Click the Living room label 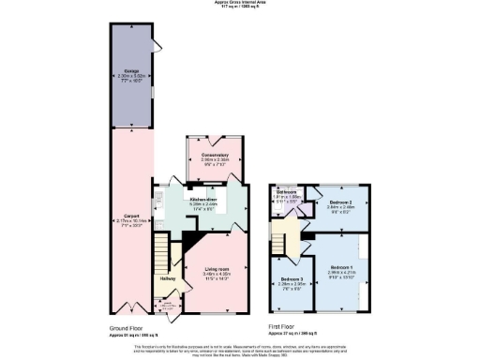217,269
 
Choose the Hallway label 167,277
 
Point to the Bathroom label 286,189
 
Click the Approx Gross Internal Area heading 240,4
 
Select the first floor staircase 279,232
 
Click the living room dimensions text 217,277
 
